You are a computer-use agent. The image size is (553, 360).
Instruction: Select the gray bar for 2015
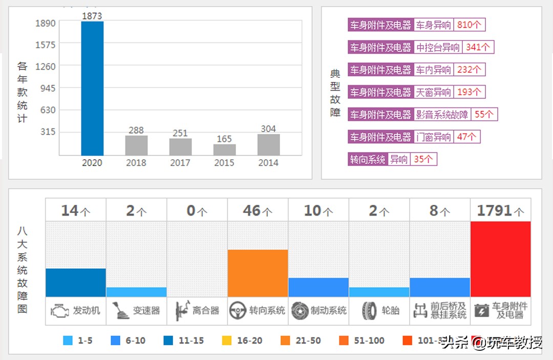coord(224,150)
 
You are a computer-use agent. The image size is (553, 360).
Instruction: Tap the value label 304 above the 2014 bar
coord(268,129)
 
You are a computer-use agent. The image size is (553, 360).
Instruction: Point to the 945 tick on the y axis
coord(45,88)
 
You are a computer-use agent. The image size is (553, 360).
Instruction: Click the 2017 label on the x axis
coord(180,163)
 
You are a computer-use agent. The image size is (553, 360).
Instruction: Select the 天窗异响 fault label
coord(433,92)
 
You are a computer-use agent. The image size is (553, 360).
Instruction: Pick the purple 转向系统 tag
coord(367,159)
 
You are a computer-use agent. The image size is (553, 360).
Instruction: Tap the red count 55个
coord(484,115)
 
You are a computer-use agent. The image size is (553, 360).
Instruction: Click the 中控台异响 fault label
coord(438,48)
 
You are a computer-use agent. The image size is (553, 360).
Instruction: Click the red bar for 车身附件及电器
coord(500,259)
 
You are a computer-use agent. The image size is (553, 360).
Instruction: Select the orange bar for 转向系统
coord(258,273)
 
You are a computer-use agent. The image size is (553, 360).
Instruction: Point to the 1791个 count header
coord(500,210)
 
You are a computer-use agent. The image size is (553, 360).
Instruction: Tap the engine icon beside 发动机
coord(60,310)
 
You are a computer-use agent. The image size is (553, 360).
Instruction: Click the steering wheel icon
coord(238,310)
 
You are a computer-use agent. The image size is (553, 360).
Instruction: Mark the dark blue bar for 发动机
coord(76,282)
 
